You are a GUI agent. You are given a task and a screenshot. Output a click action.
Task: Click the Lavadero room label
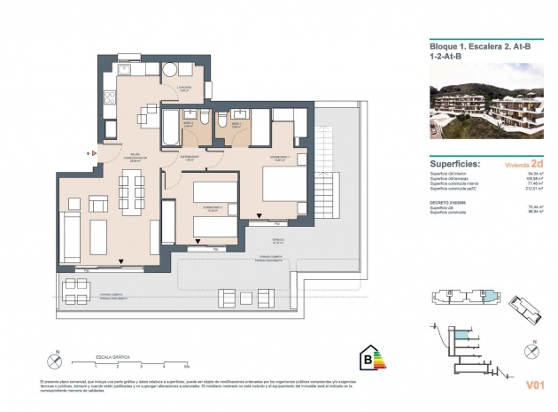(x=183, y=89)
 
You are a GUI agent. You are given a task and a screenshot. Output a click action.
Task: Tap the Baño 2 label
(x=189, y=125)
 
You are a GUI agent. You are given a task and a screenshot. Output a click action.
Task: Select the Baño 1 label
(x=236, y=125)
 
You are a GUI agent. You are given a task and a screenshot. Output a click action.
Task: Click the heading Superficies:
(x=455, y=164)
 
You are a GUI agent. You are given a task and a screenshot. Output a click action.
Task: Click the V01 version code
(x=534, y=385)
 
